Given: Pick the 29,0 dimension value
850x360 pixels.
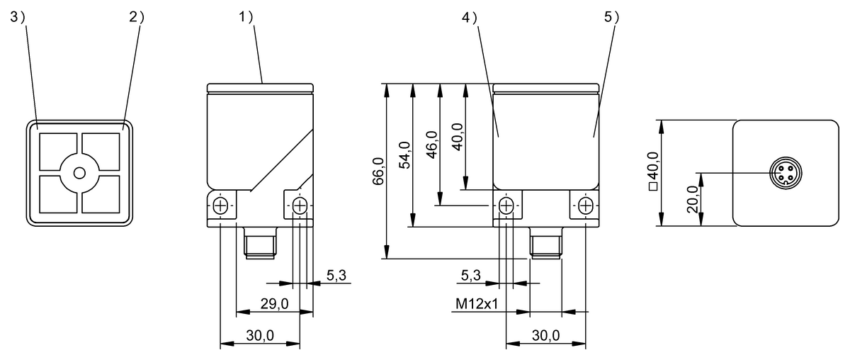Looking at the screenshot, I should (x=274, y=303).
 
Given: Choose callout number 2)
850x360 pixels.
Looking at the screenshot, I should (x=137, y=18).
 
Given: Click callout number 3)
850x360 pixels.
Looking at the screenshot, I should (x=18, y=18).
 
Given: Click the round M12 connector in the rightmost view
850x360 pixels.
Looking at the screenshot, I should (x=782, y=173).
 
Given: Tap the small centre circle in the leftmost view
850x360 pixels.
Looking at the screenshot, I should (x=79, y=172).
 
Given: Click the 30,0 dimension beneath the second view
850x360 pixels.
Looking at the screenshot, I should (x=261, y=335).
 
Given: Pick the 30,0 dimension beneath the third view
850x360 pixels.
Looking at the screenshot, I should (x=545, y=335).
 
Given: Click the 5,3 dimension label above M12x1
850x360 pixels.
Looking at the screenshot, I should (x=470, y=274).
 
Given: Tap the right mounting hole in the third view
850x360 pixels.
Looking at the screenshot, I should (x=586, y=206).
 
